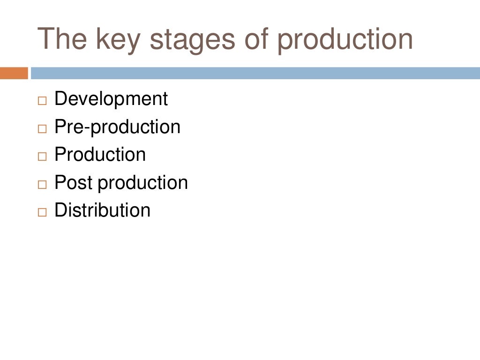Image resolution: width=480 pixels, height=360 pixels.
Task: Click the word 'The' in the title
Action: [x=62, y=39]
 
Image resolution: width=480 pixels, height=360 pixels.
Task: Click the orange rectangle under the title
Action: [x=14, y=73]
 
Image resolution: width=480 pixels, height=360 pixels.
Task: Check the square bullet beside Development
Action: [x=43, y=101]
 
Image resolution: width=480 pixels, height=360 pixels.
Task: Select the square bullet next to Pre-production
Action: [x=43, y=128]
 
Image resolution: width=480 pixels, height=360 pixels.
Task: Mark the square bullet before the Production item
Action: [x=43, y=156]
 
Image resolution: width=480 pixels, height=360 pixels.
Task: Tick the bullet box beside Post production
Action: [x=43, y=184]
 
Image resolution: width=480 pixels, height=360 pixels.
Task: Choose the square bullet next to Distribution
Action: [x=43, y=211]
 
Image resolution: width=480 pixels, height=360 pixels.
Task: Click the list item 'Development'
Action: [x=111, y=99]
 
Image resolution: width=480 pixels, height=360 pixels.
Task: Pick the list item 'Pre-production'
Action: [x=117, y=127]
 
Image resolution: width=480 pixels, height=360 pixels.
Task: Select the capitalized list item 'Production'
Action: [x=100, y=155]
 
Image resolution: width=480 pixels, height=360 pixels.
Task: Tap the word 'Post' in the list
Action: [x=74, y=182]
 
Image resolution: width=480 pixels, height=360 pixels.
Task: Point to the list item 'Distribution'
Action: [x=102, y=210]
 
